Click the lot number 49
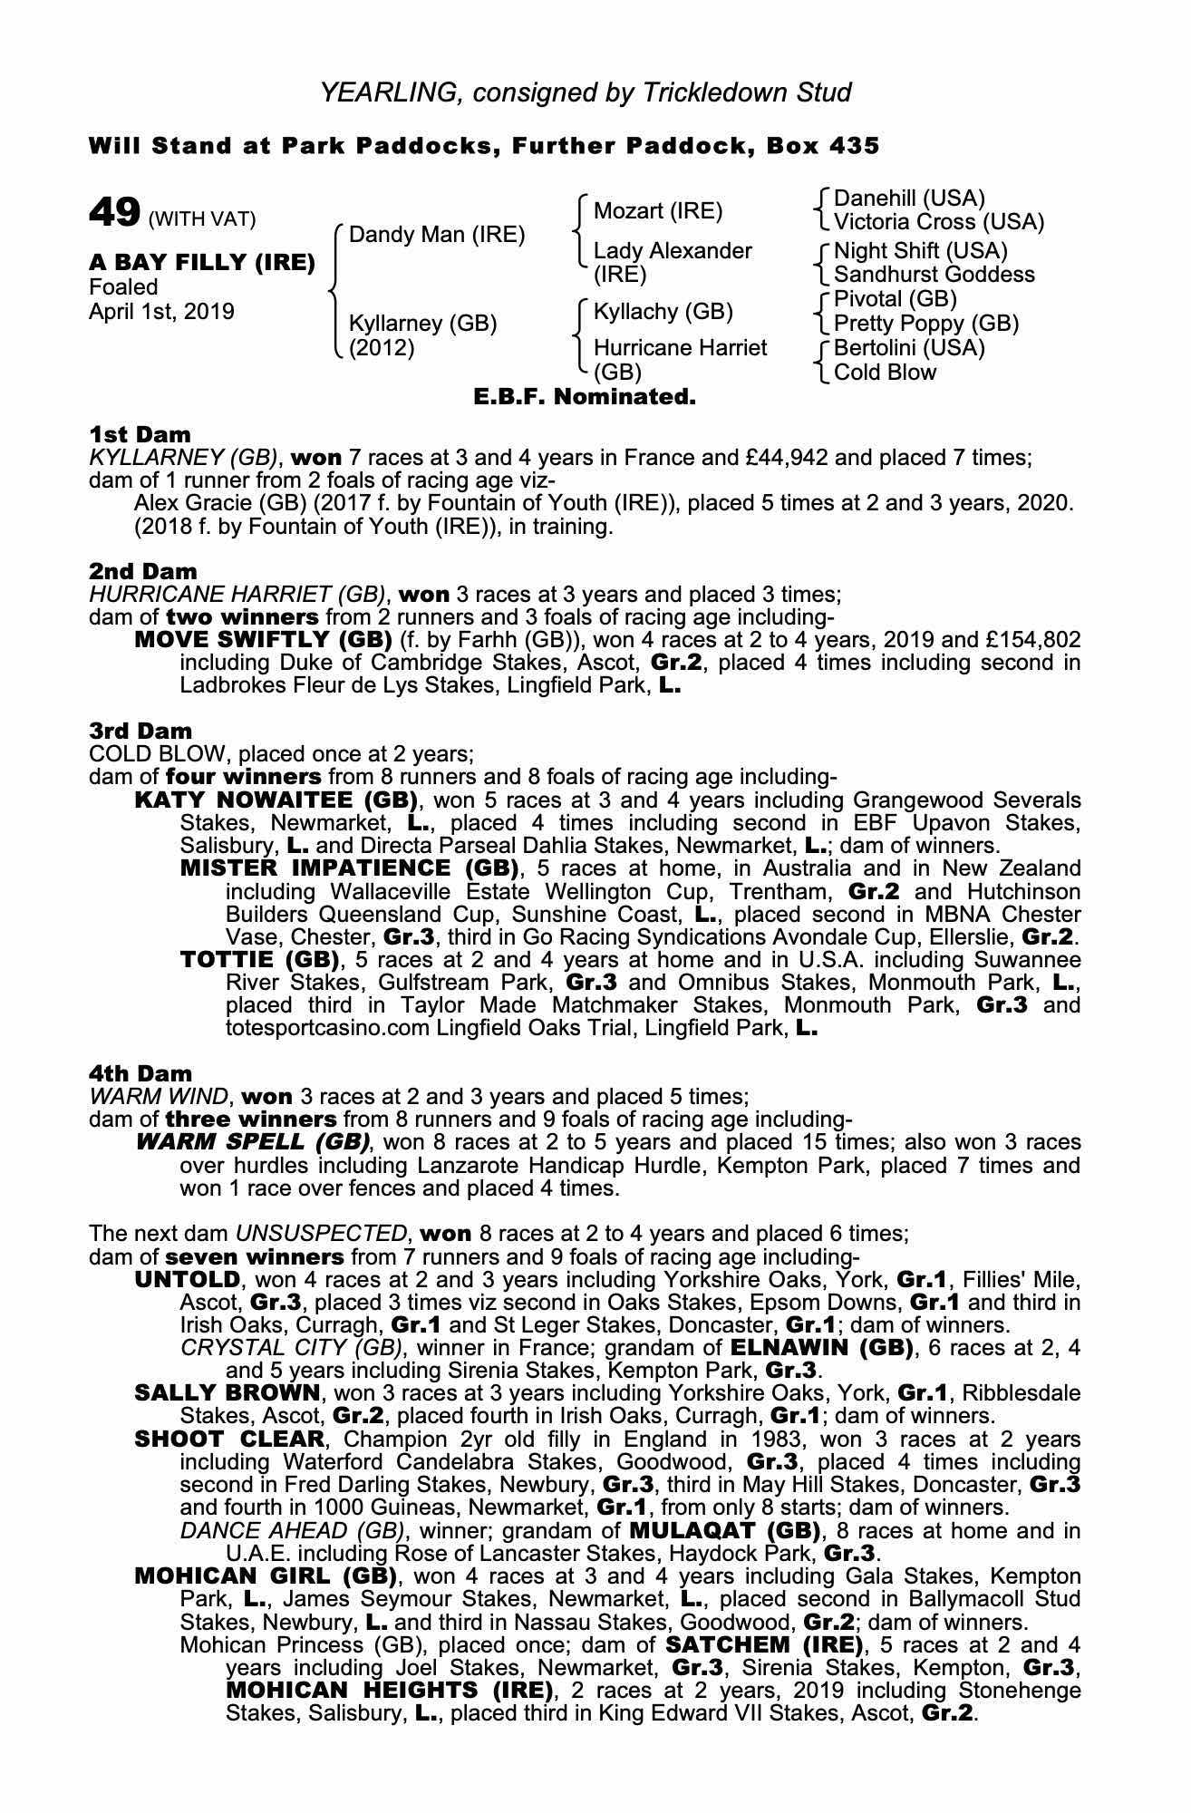pyautogui.click(x=114, y=214)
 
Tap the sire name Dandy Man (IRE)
pyautogui.click(x=437, y=235)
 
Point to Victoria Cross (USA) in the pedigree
pyautogui.click(x=938, y=222)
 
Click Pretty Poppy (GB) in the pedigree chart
pyautogui.click(x=925, y=324)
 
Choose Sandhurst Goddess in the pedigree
pyautogui.click(x=934, y=275)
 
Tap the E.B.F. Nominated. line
pyautogui.click(x=585, y=397)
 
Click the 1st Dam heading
pyautogui.click(x=140, y=434)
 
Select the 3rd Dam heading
pyautogui.click(x=140, y=731)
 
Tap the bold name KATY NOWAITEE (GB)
pyautogui.click(x=276, y=800)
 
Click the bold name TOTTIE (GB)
pyautogui.click(x=260, y=959)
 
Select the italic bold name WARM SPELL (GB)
pyautogui.click(x=252, y=1141)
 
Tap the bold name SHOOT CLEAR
pyautogui.click(x=228, y=1440)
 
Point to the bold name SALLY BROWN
pyautogui.click(x=227, y=1392)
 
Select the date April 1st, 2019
pyautogui.click(x=161, y=312)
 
